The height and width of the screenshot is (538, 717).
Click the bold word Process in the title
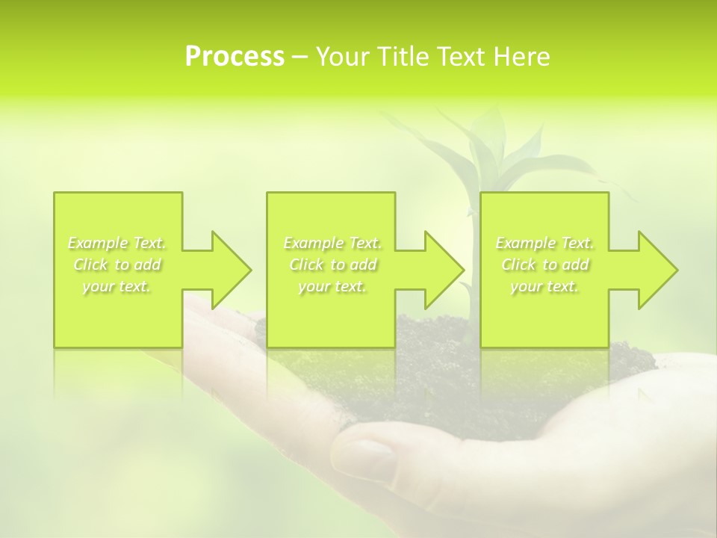point(235,56)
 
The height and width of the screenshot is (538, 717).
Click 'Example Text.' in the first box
point(117,243)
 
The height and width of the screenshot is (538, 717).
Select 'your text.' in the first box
point(117,286)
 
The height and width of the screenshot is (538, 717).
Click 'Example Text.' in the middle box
point(332,243)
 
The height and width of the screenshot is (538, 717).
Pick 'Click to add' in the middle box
point(332,265)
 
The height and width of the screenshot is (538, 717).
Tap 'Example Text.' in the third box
point(544,243)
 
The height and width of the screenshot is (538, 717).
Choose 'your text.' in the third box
point(544,286)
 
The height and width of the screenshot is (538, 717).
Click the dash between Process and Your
point(299,57)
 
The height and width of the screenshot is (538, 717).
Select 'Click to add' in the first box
point(117,265)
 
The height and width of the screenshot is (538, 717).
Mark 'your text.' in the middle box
point(332,286)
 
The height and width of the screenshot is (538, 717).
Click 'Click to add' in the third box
point(544,265)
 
